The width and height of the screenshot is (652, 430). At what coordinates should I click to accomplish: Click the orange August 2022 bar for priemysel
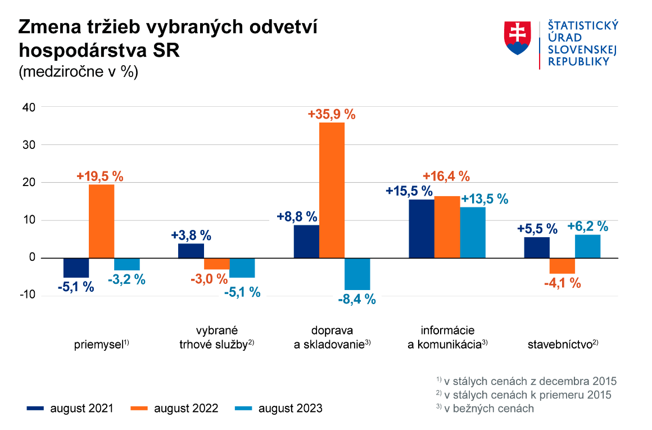click(102, 221)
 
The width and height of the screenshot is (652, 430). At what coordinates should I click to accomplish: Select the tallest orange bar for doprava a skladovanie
click(332, 190)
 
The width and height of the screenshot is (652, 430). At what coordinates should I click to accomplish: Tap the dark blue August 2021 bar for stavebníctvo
click(536, 247)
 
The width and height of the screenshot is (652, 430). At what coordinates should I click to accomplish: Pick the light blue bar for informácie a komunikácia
click(473, 232)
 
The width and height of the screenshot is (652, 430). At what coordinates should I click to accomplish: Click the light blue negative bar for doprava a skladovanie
click(357, 274)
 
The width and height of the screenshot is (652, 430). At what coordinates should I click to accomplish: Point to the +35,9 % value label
click(332, 114)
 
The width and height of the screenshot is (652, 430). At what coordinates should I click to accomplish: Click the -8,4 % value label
click(356, 300)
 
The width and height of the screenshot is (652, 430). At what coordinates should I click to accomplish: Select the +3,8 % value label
click(191, 236)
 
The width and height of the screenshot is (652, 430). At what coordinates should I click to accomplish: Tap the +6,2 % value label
click(588, 227)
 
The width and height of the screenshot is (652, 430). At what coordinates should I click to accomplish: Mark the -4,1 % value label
click(562, 283)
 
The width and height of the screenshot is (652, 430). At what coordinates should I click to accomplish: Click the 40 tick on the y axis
click(29, 107)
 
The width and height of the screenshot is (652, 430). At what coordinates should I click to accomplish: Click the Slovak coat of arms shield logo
click(518, 38)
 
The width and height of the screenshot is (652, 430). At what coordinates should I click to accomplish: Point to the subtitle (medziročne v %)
click(78, 73)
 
